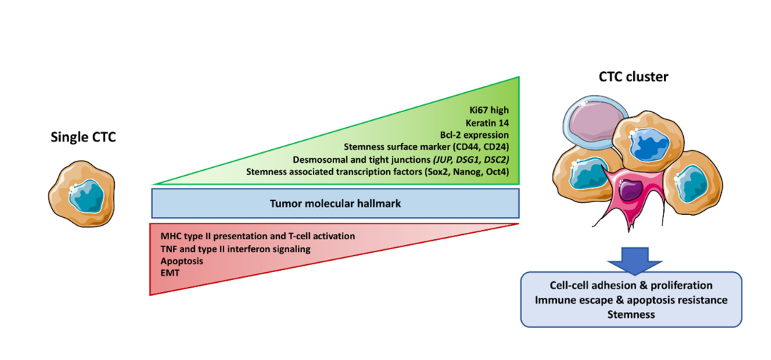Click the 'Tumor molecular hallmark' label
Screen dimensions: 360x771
click(333, 203)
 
